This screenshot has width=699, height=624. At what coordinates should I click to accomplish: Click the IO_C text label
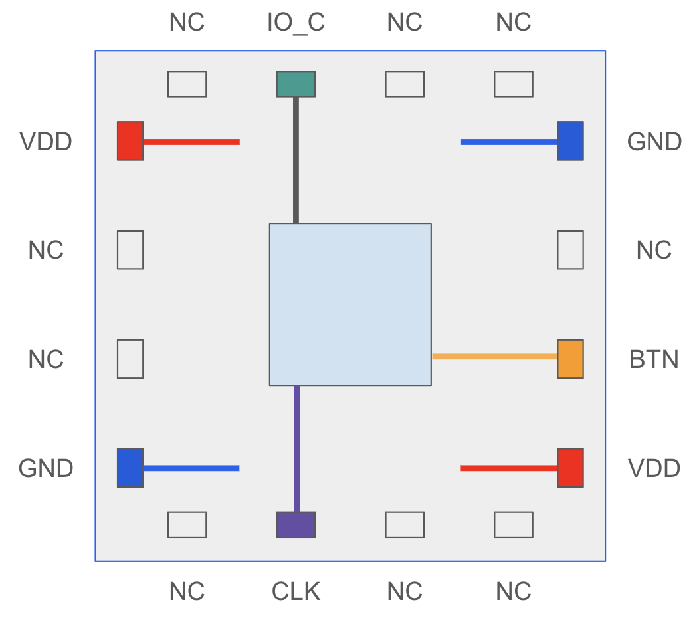(x=296, y=23)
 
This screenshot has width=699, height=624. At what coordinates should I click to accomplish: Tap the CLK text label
(x=296, y=591)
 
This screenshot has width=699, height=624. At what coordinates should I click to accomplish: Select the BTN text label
(x=654, y=359)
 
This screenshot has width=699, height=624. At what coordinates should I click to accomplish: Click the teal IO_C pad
(x=296, y=84)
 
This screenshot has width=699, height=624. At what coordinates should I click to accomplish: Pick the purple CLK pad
(x=296, y=524)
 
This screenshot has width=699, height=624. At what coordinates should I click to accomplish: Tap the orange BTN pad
(x=570, y=359)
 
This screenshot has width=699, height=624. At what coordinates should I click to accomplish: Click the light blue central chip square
(x=350, y=304)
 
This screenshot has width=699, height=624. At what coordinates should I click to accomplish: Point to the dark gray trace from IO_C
(x=296, y=160)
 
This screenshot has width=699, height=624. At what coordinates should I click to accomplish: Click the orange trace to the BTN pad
(x=494, y=357)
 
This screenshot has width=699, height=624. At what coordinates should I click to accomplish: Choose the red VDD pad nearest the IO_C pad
(x=130, y=140)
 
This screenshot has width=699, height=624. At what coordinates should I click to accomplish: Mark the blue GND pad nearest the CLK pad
(x=130, y=468)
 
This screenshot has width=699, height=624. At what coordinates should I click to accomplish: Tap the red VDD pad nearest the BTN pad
(x=570, y=468)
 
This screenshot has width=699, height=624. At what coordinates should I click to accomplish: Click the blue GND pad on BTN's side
(x=570, y=140)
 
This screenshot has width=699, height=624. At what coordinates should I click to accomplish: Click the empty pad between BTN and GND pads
(x=570, y=249)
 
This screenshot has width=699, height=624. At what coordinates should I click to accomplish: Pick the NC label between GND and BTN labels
(x=654, y=250)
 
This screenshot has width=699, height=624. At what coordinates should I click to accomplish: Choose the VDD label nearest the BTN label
(x=654, y=468)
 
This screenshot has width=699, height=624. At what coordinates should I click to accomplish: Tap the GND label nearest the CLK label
(x=46, y=468)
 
